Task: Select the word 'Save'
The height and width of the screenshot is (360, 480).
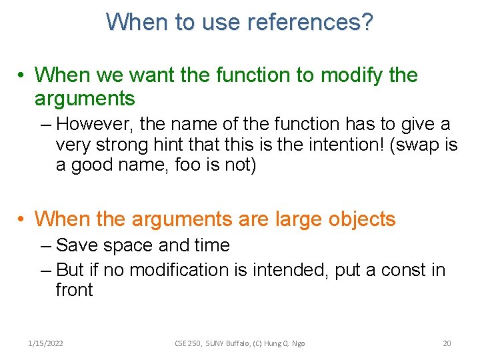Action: pyautogui.click(x=77, y=245)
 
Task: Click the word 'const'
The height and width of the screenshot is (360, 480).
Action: pyautogui.click(x=399, y=269)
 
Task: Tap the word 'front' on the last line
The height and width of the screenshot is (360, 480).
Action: pyautogui.click(x=74, y=290)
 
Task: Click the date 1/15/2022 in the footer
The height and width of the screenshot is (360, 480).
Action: pyautogui.click(x=46, y=343)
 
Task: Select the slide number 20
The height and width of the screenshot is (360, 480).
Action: pyautogui.click(x=447, y=343)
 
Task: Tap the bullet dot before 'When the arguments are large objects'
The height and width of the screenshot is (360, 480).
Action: pyautogui.click(x=23, y=219)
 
